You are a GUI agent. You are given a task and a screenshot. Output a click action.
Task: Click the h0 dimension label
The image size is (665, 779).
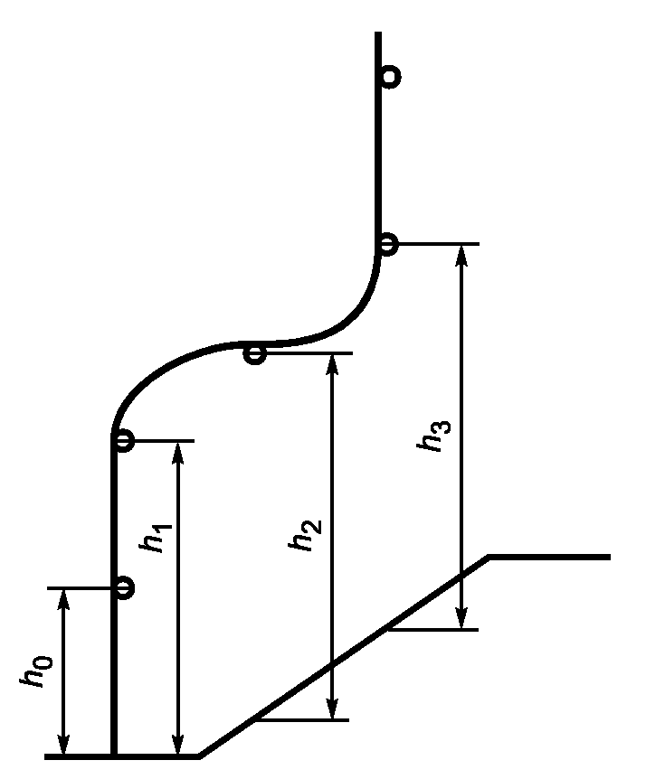point(36,671)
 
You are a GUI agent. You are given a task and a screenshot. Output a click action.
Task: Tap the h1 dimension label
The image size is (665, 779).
point(156,538)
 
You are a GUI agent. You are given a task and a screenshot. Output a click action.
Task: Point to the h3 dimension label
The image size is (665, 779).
point(434,436)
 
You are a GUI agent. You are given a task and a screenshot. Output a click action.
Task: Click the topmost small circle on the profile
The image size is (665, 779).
point(391,77)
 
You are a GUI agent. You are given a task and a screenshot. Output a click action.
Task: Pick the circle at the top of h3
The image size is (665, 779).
point(387,244)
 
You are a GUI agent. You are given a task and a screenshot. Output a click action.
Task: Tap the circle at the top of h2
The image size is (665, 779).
point(255,354)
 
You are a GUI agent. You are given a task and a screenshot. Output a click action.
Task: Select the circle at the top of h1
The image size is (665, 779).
point(123,441)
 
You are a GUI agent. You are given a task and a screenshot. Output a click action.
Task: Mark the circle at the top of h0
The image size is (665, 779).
point(124,588)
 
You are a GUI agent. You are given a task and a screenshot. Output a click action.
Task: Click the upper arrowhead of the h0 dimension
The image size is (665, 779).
point(63,598)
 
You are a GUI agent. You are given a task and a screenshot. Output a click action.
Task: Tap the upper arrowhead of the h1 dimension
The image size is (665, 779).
point(178,452)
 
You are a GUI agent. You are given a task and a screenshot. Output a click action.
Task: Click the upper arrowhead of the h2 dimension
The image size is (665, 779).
point(332,364)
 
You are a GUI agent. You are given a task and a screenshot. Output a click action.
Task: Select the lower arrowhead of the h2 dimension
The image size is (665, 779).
point(332,709)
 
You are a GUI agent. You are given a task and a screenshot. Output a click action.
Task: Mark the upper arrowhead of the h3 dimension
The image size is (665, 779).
point(462,256)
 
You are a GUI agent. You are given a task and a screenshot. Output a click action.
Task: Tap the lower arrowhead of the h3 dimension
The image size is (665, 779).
point(462,618)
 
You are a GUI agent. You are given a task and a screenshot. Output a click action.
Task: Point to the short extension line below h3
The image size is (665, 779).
point(433,630)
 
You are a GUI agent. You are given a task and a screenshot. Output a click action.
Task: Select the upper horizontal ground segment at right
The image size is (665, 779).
point(549,558)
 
